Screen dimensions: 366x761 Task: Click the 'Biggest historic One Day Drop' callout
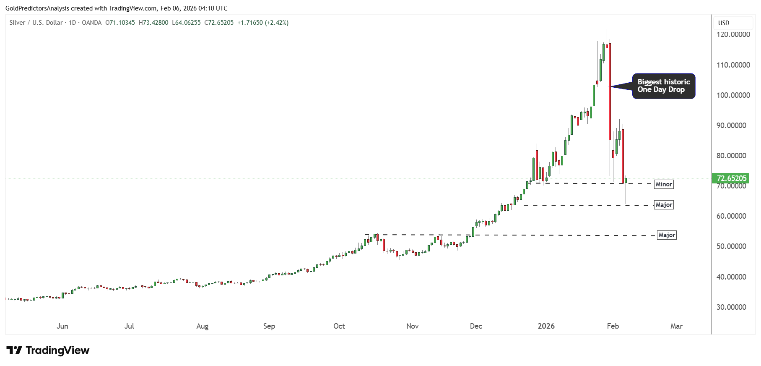point(663,86)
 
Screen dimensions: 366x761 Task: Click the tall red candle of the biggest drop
point(610,92)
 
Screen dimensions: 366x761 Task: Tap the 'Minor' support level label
point(664,184)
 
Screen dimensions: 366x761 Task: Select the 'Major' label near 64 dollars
point(664,205)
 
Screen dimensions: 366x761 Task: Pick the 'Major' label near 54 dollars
point(667,235)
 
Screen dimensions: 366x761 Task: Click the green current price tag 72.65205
point(731,178)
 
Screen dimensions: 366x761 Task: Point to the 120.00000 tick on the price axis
point(733,34)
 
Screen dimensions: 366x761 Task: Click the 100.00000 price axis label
point(733,95)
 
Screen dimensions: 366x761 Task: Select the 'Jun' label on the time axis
point(62,326)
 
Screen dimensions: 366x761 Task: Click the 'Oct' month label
point(339,326)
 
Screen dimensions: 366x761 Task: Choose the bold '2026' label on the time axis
point(546,326)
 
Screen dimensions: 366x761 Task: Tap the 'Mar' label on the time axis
point(676,326)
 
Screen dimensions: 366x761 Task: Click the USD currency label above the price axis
point(724,23)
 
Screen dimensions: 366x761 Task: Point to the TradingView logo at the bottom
point(48,350)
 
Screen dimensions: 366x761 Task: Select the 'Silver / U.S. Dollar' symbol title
point(36,23)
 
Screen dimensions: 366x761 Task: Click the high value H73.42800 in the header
point(153,23)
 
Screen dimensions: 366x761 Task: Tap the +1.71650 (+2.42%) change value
point(263,23)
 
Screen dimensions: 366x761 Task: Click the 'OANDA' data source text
point(91,23)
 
